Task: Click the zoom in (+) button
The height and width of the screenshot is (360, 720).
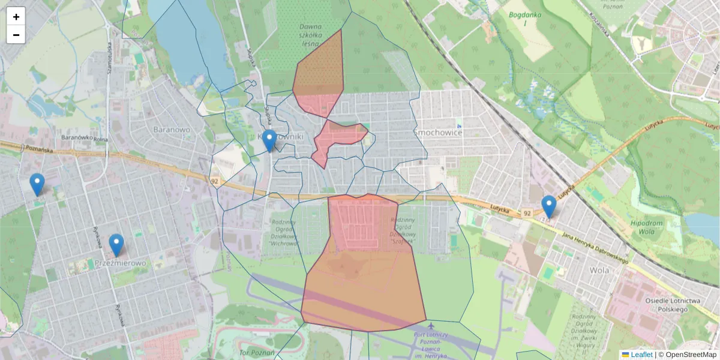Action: (x=16, y=16)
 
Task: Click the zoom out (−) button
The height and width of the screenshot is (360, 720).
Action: (x=16, y=35)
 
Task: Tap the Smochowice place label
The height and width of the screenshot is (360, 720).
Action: (x=437, y=132)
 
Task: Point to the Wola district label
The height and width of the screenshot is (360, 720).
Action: (x=599, y=270)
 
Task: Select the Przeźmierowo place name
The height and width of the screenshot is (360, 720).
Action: (x=120, y=263)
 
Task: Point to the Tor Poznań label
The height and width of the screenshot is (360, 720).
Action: (x=256, y=352)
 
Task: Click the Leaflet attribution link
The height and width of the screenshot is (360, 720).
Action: (x=641, y=355)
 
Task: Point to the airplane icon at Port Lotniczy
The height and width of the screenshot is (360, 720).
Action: (x=430, y=326)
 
